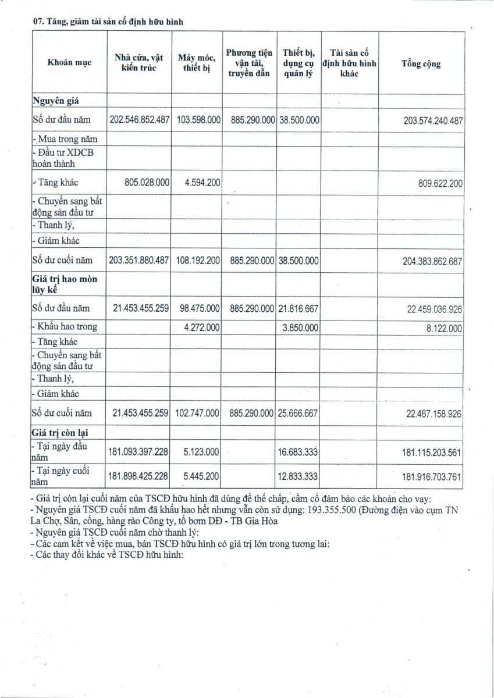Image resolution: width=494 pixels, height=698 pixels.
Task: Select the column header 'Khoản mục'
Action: pos(69,63)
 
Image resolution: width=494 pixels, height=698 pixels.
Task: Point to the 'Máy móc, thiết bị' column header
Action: pos(197,63)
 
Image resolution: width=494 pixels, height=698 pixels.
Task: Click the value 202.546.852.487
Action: pos(140,119)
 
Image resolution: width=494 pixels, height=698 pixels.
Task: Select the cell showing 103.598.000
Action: pos(198,119)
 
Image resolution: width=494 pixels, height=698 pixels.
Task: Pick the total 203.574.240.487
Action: pos(433,120)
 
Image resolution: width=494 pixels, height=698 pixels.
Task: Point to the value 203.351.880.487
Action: pos(140,261)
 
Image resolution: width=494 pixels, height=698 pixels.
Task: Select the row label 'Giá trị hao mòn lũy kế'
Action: pos(56,284)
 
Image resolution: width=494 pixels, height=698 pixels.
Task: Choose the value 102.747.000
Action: pos(198,412)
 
